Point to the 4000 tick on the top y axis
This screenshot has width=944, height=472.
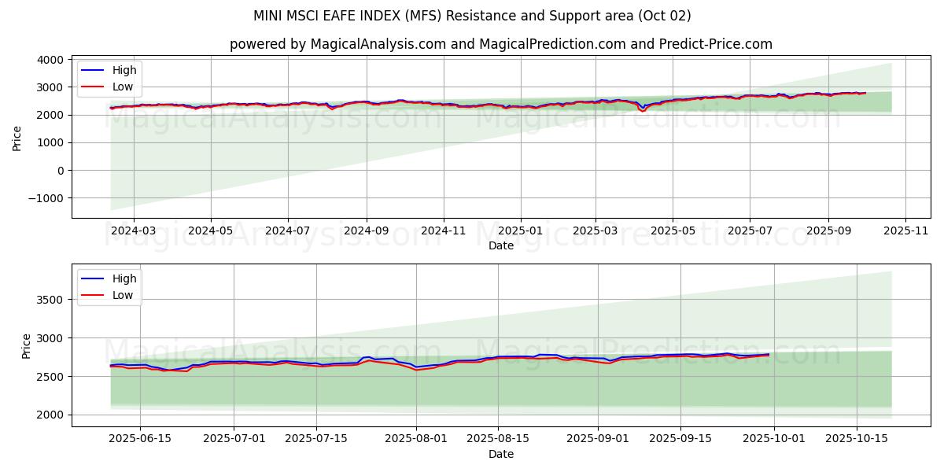[x=49, y=60]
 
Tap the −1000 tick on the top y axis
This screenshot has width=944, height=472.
[x=44, y=198]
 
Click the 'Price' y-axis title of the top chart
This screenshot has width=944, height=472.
[x=17, y=137]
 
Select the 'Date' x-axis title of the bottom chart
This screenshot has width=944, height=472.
[x=500, y=455]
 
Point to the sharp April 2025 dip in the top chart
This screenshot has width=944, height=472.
[x=643, y=111]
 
